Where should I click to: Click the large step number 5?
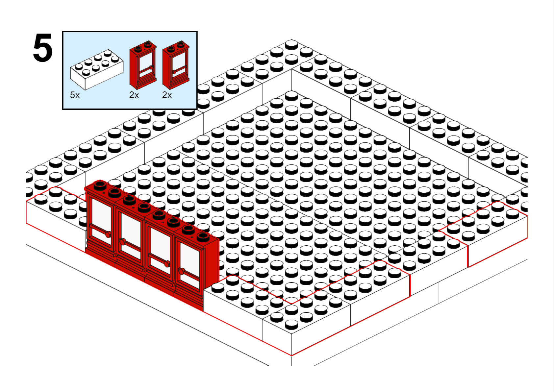tap(43, 48)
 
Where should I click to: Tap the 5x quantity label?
tap(75, 95)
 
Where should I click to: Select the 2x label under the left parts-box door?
tap(134, 95)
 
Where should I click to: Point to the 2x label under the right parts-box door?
tap(167, 95)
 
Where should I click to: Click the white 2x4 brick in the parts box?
tap(97, 69)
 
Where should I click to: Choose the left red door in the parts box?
tap(143, 65)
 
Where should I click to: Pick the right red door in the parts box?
tap(176, 65)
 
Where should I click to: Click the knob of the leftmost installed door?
tap(108, 234)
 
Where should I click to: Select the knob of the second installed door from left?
tap(122, 241)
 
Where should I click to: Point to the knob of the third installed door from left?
tap(167, 264)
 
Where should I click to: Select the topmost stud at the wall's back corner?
tap(291, 44)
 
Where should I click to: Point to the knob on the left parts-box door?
tap(151, 67)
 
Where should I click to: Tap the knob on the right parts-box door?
tap(174, 72)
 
